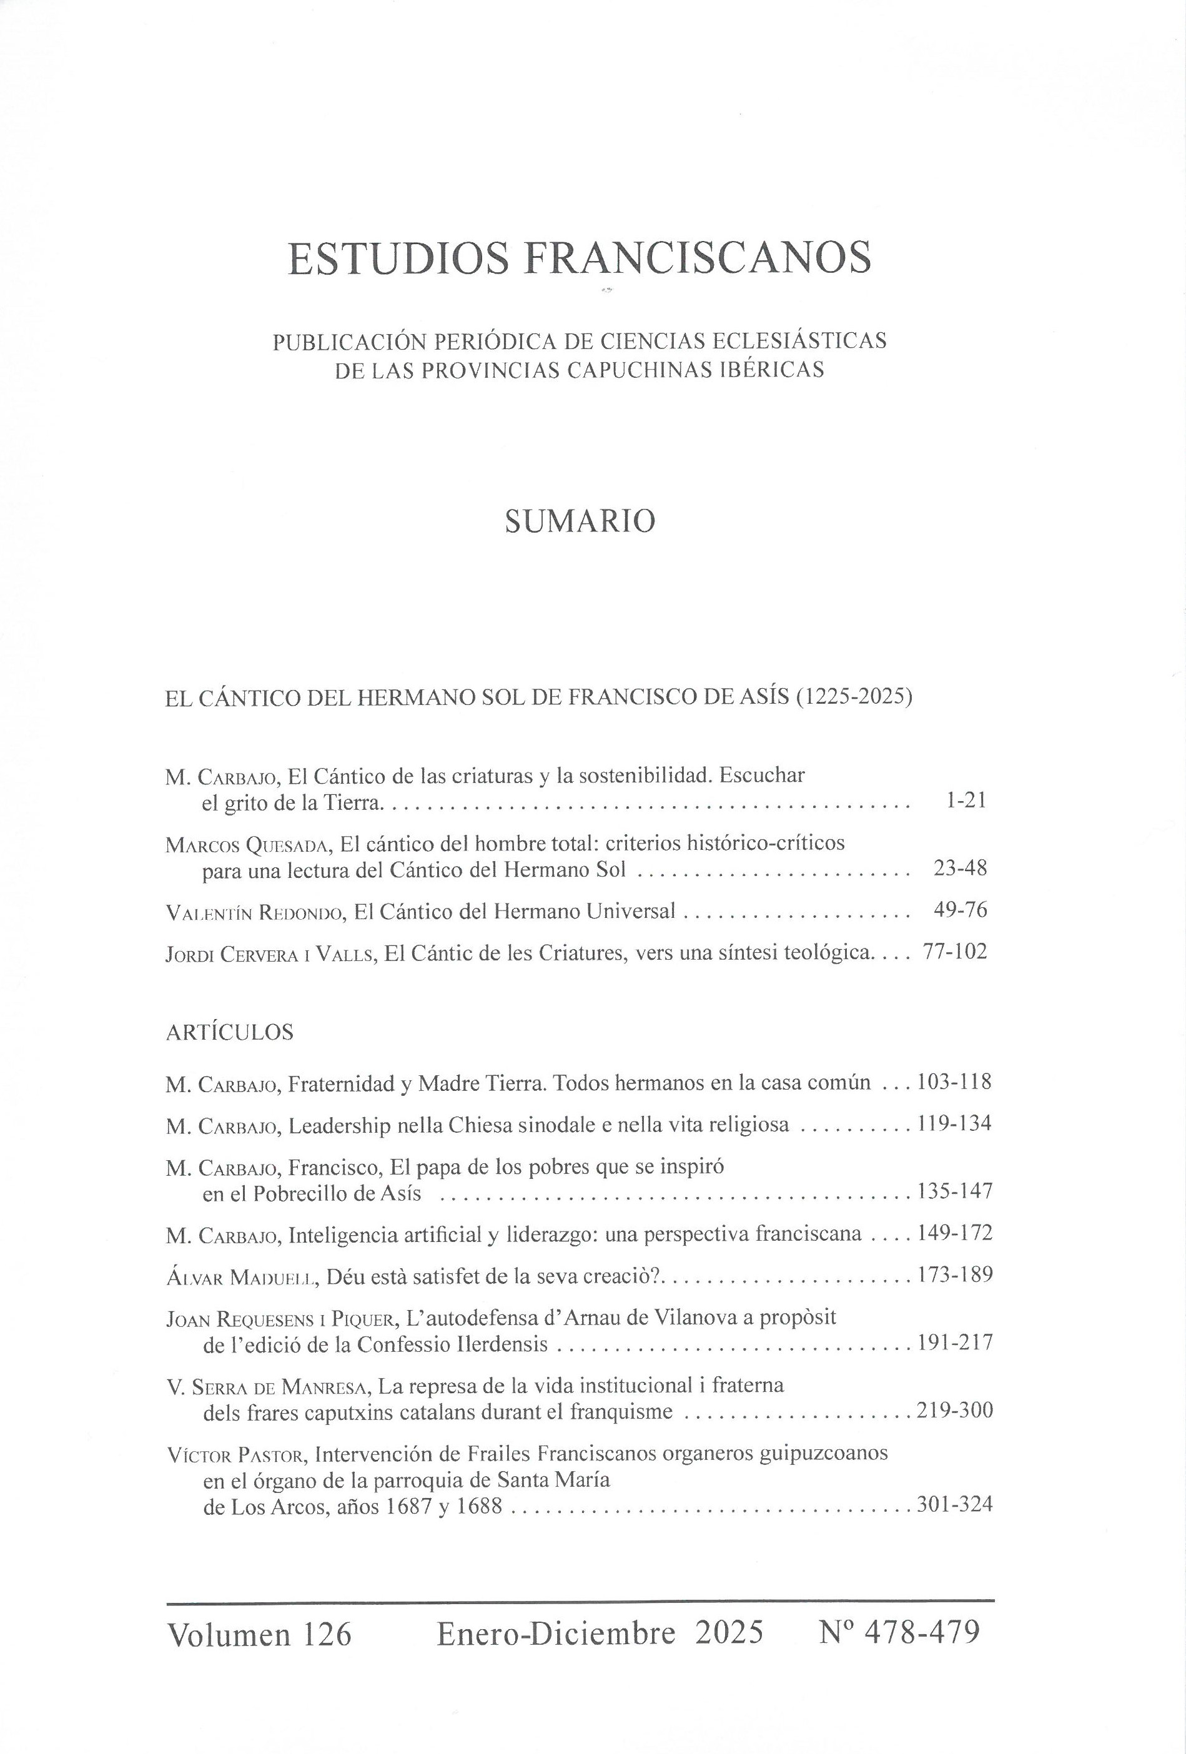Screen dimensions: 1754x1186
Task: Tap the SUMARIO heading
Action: pos(579,521)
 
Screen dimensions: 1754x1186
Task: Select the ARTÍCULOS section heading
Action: pos(229,1032)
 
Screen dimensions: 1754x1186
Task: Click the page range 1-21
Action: pos(966,801)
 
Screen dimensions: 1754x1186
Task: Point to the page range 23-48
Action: pos(959,868)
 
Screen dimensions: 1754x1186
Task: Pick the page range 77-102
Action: pos(954,952)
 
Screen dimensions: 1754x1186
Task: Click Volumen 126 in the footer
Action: pos(260,1635)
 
